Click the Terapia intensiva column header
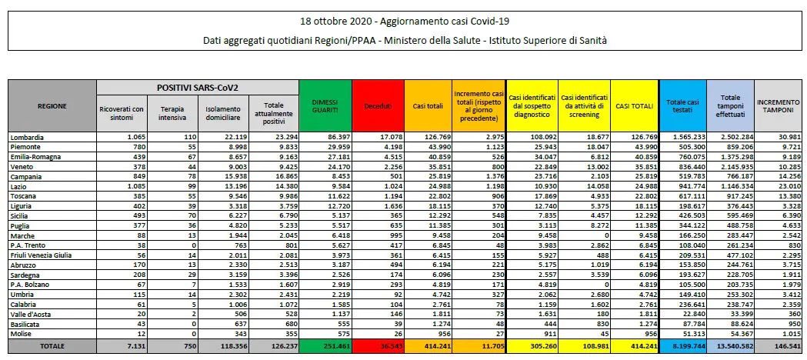(170, 113)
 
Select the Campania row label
(28, 176)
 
